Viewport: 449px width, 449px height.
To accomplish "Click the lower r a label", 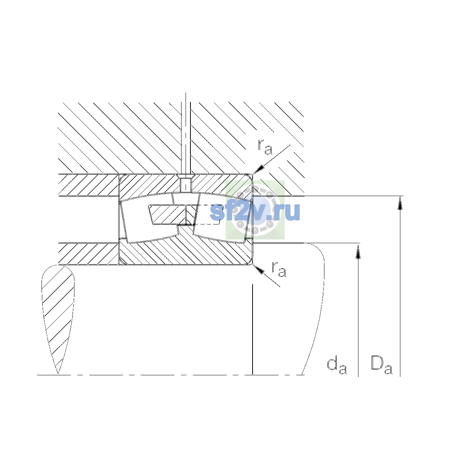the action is click(279, 269).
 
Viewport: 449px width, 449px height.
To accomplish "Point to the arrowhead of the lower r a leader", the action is click(259, 269).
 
